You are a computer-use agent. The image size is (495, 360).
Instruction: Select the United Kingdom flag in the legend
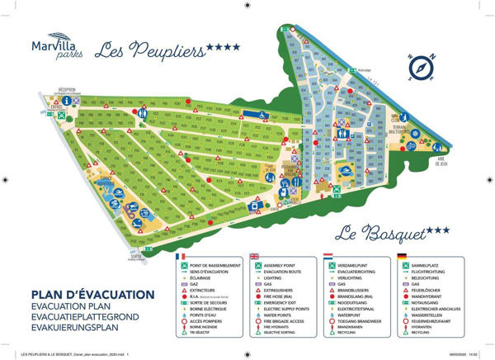(254, 256)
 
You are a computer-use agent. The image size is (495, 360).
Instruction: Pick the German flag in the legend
(402, 256)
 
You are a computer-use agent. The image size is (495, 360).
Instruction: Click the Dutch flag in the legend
(328, 256)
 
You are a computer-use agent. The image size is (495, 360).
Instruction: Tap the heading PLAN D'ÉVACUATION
(92, 295)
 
